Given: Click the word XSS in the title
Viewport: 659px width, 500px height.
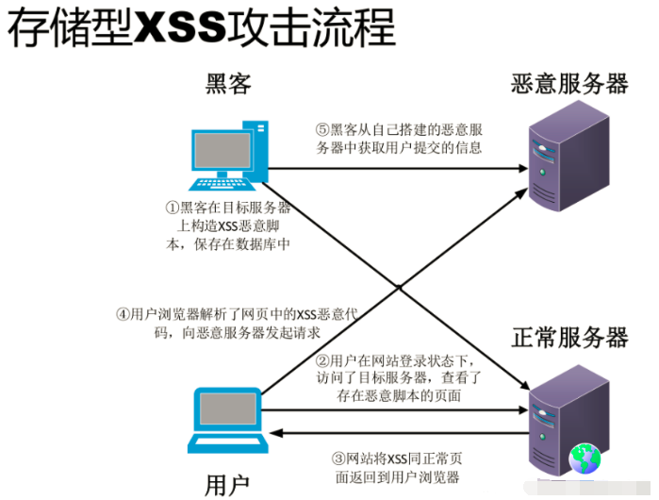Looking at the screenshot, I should (x=178, y=28).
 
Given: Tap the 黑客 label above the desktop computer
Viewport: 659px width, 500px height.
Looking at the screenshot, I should (x=228, y=85).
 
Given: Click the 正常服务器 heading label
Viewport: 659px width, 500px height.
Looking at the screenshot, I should (x=569, y=337).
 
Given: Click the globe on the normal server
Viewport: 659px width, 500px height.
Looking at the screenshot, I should (x=584, y=458).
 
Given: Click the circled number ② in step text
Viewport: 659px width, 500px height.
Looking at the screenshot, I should (x=321, y=360).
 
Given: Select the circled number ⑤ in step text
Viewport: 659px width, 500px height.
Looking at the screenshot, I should (x=321, y=129).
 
